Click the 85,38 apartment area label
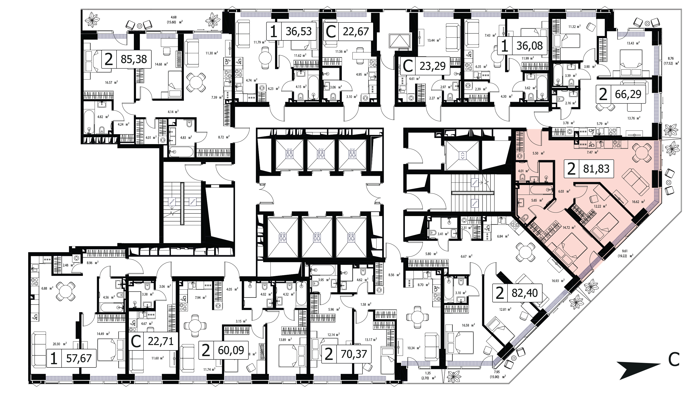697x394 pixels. [134, 59]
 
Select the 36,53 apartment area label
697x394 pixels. [299, 31]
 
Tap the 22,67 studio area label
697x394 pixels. [356, 31]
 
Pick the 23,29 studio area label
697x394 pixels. [432, 66]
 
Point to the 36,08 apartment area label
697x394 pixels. [530, 46]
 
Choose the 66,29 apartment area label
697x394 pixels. [628, 94]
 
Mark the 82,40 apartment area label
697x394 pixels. [525, 293]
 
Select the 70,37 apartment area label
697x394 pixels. [353, 354]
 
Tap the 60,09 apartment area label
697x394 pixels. [231, 350]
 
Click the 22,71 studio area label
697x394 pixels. [161, 341]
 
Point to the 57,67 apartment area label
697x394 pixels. [79, 358]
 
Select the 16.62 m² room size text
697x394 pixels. [638, 201]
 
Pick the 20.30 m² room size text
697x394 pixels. [60, 344]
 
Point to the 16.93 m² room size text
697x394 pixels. [558, 281]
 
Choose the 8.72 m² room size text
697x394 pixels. [223, 137]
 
